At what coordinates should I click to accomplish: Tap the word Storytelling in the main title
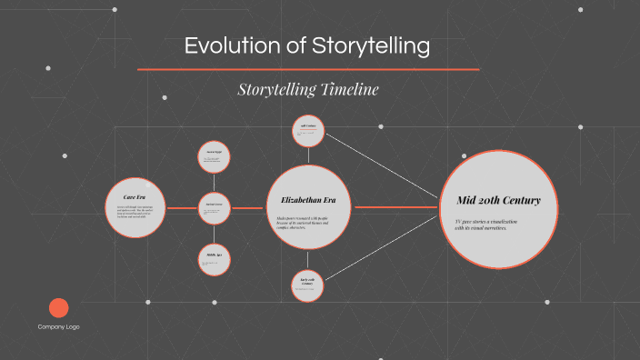click(x=372, y=46)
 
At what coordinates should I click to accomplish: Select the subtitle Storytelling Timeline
click(x=307, y=89)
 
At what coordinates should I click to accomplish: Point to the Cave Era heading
click(x=134, y=195)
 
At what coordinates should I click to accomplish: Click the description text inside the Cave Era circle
click(x=134, y=214)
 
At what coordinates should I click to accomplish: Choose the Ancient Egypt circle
click(x=215, y=156)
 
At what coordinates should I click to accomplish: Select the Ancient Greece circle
click(x=215, y=208)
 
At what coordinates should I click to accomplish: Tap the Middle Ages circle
click(x=215, y=259)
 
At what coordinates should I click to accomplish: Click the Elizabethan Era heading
click(x=307, y=199)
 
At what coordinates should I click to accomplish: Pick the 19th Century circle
click(x=307, y=130)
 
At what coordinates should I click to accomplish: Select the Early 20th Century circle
click(x=307, y=285)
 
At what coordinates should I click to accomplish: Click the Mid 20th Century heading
click(x=498, y=200)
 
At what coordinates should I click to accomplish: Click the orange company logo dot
click(x=58, y=308)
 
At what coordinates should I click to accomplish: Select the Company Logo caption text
click(x=58, y=326)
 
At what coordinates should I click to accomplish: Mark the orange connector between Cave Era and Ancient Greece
click(x=181, y=208)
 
